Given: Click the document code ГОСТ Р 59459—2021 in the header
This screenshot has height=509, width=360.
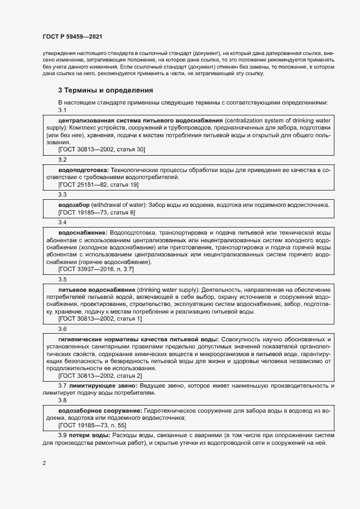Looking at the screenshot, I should [x=72, y=36].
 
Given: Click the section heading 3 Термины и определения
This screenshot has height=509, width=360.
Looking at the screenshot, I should [x=106, y=90].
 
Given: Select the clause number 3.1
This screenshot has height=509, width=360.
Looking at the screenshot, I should [x=62, y=111].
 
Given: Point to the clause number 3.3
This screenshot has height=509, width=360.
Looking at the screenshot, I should [x=62, y=194].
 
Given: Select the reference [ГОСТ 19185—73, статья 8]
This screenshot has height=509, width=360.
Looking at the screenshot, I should [x=96, y=212].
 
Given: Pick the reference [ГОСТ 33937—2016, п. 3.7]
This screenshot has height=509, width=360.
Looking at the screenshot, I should [x=96, y=269].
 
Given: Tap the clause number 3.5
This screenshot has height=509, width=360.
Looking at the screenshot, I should [x=62, y=279].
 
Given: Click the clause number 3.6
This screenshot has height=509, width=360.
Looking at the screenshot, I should [x=62, y=328].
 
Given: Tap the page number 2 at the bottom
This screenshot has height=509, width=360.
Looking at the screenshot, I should [x=44, y=463].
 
